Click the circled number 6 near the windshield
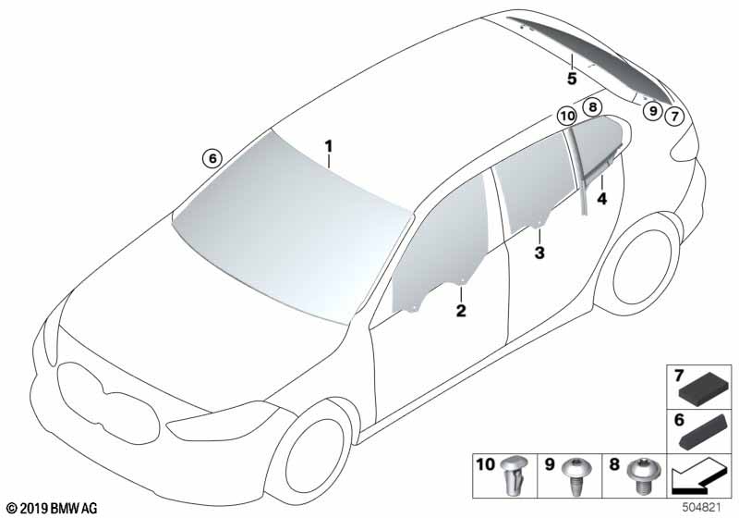point(212,158)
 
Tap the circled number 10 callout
point(567,116)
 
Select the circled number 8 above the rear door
point(592,107)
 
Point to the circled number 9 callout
point(653,111)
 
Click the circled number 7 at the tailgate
point(674,116)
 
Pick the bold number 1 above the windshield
point(328,146)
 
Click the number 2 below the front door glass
point(461,311)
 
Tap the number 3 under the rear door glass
point(539,253)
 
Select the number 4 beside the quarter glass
point(602,199)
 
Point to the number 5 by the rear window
point(572,79)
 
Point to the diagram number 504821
point(701,508)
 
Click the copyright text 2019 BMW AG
point(52,508)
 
